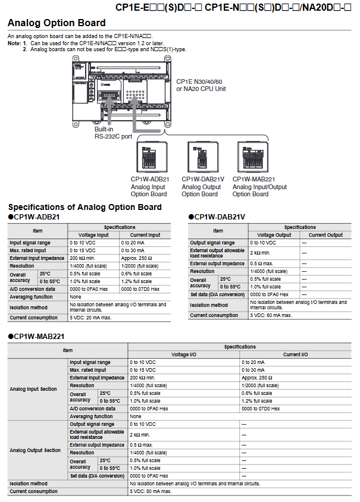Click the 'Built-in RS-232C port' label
click(113, 132)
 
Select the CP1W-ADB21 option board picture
click(150, 156)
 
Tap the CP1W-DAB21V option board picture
click(201, 156)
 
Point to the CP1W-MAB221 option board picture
click(252, 156)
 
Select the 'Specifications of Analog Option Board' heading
click(84, 207)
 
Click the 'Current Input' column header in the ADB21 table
click(145, 235)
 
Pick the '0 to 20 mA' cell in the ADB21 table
click(134, 243)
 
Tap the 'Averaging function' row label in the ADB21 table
click(31, 296)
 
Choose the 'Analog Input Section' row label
click(33, 389)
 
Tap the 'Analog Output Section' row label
click(35, 450)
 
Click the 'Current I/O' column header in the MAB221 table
click(295, 354)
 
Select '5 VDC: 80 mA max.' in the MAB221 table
click(151, 491)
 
